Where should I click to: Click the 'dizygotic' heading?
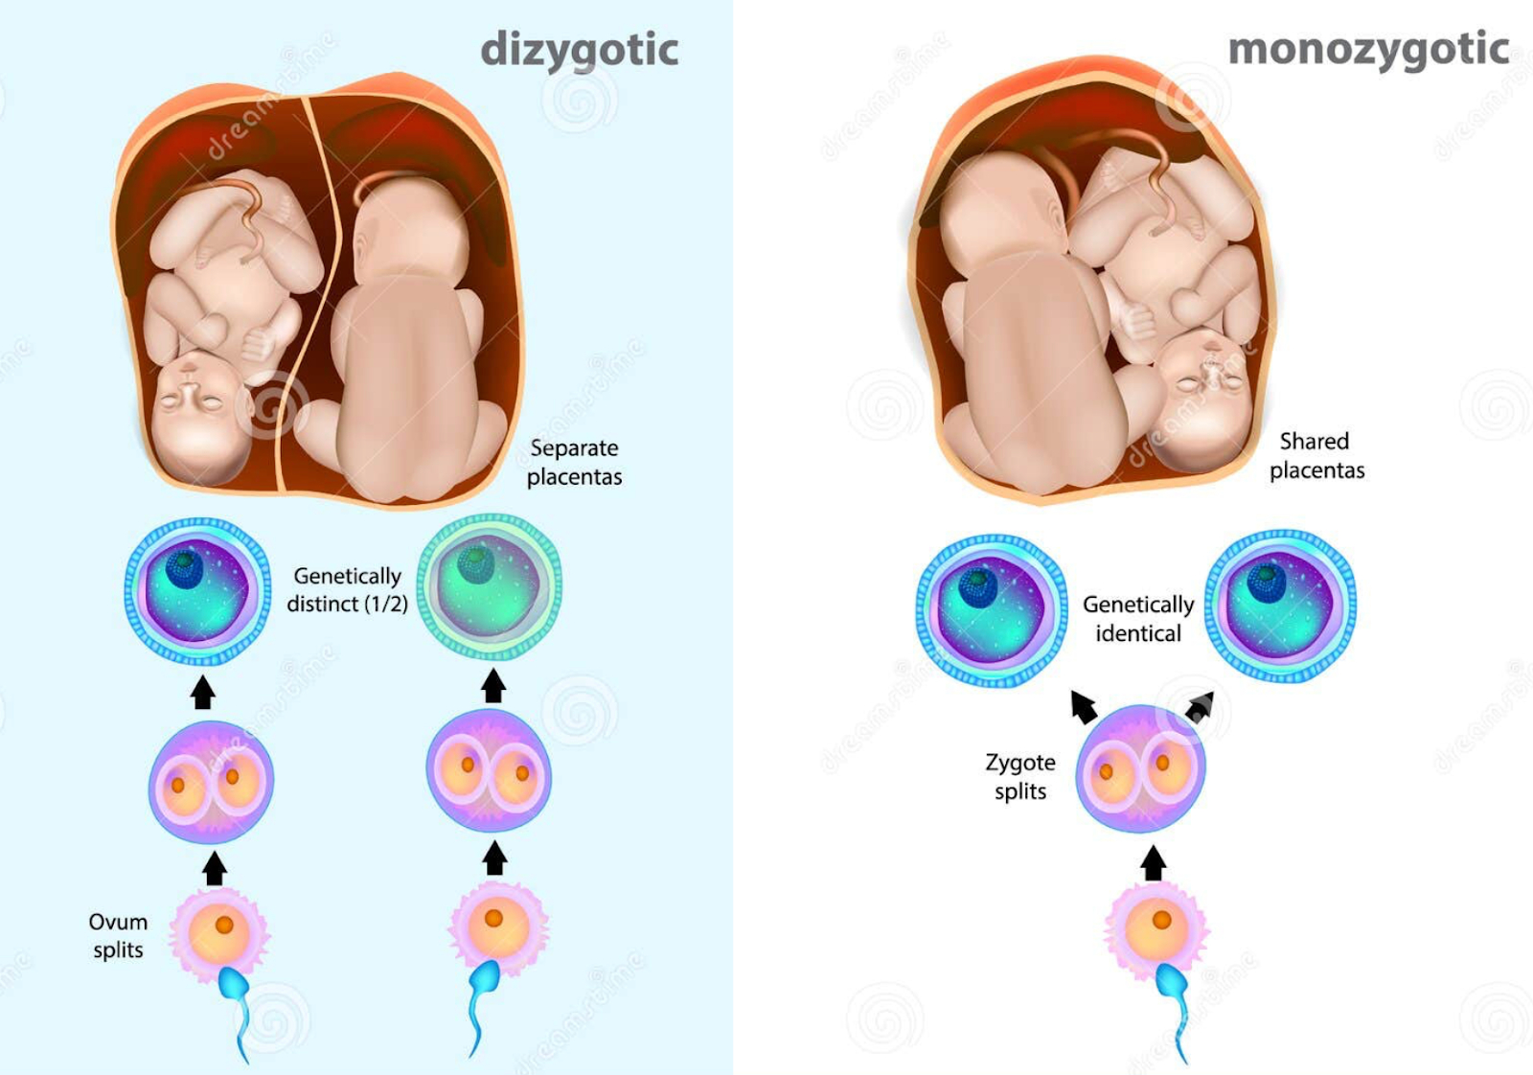(x=580, y=50)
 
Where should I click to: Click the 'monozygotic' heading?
(x=1368, y=50)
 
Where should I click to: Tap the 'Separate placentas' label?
(x=574, y=463)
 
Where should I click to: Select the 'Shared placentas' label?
(x=1316, y=456)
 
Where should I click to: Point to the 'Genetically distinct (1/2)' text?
(x=347, y=589)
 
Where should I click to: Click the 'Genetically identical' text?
(x=1138, y=619)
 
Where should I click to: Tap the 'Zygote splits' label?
(x=1020, y=776)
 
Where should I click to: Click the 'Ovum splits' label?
(x=118, y=935)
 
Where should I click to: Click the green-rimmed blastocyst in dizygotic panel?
(x=490, y=586)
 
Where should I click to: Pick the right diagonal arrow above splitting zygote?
(x=1200, y=707)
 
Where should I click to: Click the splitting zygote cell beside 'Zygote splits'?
(x=1140, y=768)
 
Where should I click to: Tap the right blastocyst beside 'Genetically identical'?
(x=1280, y=605)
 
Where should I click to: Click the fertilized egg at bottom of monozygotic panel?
(x=1156, y=927)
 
